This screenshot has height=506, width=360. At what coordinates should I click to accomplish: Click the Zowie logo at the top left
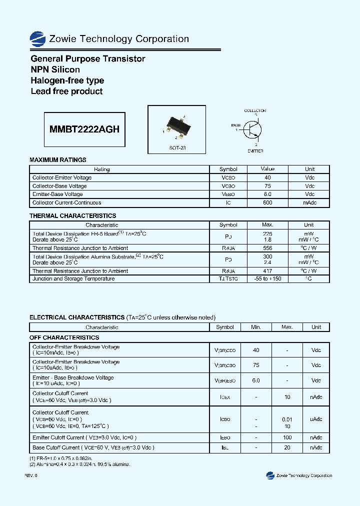tap(37, 39)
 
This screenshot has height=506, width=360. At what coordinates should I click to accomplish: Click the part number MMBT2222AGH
tap(84, 129)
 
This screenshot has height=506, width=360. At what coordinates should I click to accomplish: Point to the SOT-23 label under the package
tap(177, 148)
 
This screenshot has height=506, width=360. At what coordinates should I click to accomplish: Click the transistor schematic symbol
tap(253, 130)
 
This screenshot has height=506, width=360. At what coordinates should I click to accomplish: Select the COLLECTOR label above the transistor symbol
tap(255, 110)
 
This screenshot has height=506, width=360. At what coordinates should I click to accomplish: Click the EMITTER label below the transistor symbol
tap(255, 150)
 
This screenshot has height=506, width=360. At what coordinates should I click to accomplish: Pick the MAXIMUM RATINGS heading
tap(58, 160)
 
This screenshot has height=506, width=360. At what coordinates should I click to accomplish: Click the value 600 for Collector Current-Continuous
tap(267, 202)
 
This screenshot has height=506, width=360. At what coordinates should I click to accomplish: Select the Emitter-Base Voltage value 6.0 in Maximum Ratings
tap(267, 194)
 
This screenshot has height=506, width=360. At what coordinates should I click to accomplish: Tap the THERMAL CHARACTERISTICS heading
tap(73, 216)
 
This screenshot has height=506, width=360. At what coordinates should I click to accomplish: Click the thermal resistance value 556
tap(267, 248)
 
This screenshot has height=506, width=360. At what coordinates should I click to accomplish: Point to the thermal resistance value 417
tap(267, 271)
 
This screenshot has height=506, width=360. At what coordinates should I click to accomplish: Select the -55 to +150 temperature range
tap(267, 278)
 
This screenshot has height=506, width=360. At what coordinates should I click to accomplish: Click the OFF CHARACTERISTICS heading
tap(64, 337)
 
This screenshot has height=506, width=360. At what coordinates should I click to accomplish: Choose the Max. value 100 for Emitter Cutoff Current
tap(287, 437)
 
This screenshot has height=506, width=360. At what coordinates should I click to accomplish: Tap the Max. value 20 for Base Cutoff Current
tap(287, 447)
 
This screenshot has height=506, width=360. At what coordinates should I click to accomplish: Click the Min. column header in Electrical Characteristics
tap(256, 327)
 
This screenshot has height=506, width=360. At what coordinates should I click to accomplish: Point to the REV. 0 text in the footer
tap(31, 475)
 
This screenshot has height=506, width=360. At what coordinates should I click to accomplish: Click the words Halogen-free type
tap(67, 80)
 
